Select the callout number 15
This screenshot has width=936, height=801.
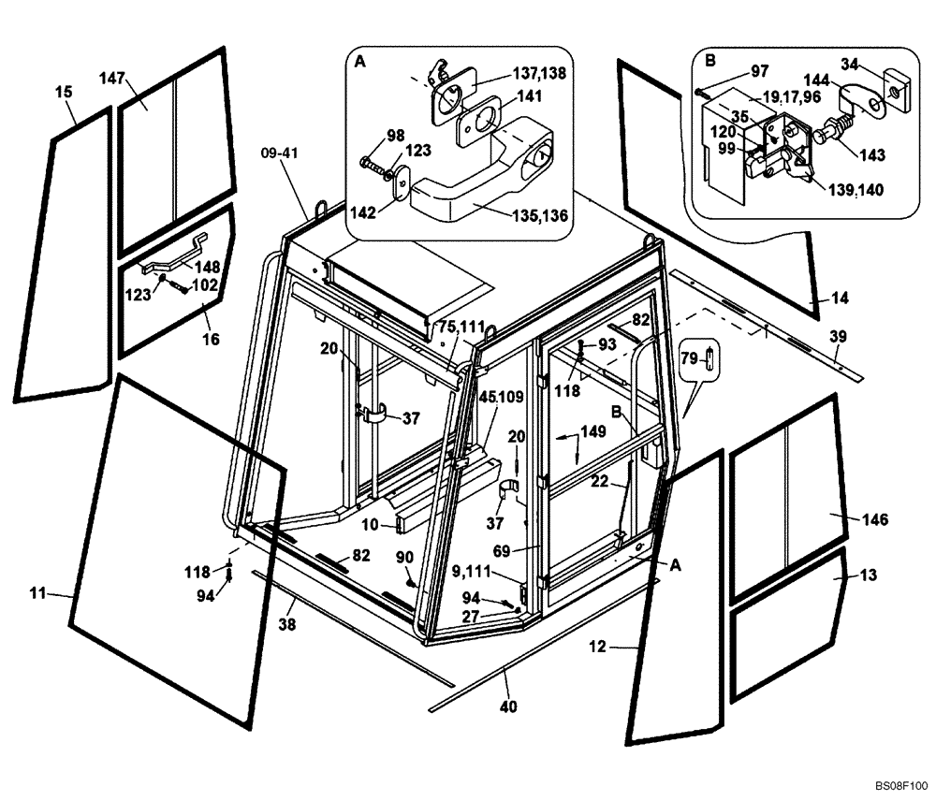(x=64, y=92)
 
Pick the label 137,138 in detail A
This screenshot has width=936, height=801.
(x=538, y=72)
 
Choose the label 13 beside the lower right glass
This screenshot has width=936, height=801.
(x=869, y=575)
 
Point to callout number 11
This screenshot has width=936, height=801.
(x=38, y=592)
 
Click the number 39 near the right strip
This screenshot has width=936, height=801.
(x=838, y=336)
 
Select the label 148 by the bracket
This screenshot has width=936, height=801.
(x=208, y=267)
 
